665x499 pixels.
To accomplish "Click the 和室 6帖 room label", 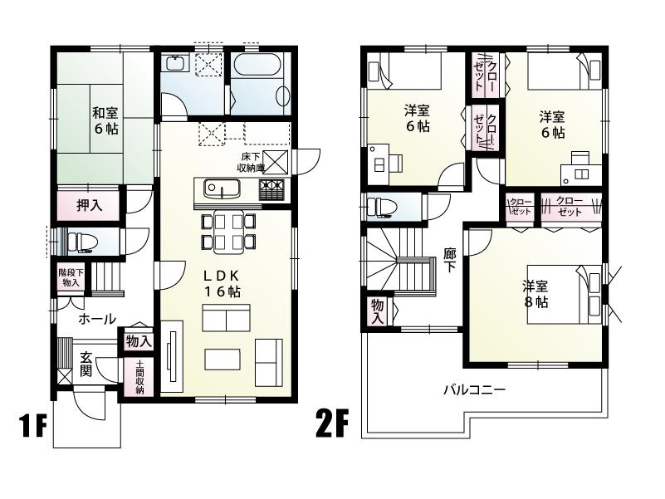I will pyautogui.click(x=105, y=120).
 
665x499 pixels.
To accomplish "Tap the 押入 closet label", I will pyautogui.click(x=89, y=205).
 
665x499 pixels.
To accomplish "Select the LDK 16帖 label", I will pyautogui.click(x=222, y=284).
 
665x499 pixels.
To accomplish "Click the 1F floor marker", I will pyautogui.click(x=32, y=427).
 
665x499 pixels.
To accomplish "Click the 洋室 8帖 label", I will pyautogui.click(x=535, y=294).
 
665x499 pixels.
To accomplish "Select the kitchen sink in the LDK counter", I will pyautogui.click(x=220, y=189).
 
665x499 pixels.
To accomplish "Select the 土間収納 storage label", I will pyautogui.click(x=139, y=378).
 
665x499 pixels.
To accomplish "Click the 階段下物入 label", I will pyautogui.click(x=70, y=277).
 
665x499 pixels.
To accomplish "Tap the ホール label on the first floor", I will pyautogui.click(x=97, y=319).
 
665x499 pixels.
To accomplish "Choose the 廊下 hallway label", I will pyautogui.click(x=449, y=262).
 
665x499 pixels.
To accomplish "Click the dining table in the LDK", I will pyautogui.click(x=227, y=231).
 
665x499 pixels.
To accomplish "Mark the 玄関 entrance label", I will pyautogui.click(x=86, y=364).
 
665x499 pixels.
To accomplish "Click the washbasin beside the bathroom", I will pyautogui.click(x=175, y=64).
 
